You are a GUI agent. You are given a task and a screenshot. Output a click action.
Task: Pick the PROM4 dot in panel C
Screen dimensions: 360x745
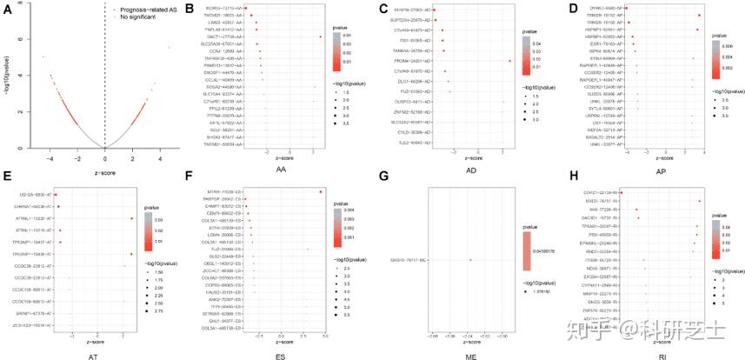[509, 61]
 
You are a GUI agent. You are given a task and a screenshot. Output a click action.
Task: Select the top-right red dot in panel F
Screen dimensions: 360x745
[321, 191]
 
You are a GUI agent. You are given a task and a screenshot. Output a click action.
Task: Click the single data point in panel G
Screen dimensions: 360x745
[470, 259]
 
